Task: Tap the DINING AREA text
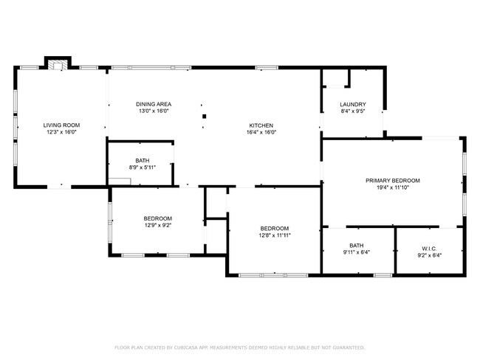[154, 104]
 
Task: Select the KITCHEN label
[261, 125]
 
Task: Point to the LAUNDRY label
[352, 104]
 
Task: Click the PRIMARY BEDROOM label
[393, 181]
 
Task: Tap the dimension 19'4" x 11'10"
[393, 187]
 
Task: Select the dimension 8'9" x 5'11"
[142, 167]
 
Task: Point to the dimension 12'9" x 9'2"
[157, 225]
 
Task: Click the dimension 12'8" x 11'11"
[274, 235]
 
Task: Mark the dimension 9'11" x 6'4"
[357, 253]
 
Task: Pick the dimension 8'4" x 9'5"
[352, 111]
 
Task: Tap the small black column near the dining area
[206, 116]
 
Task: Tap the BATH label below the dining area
[142, 161]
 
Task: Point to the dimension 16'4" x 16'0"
[261, 133]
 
